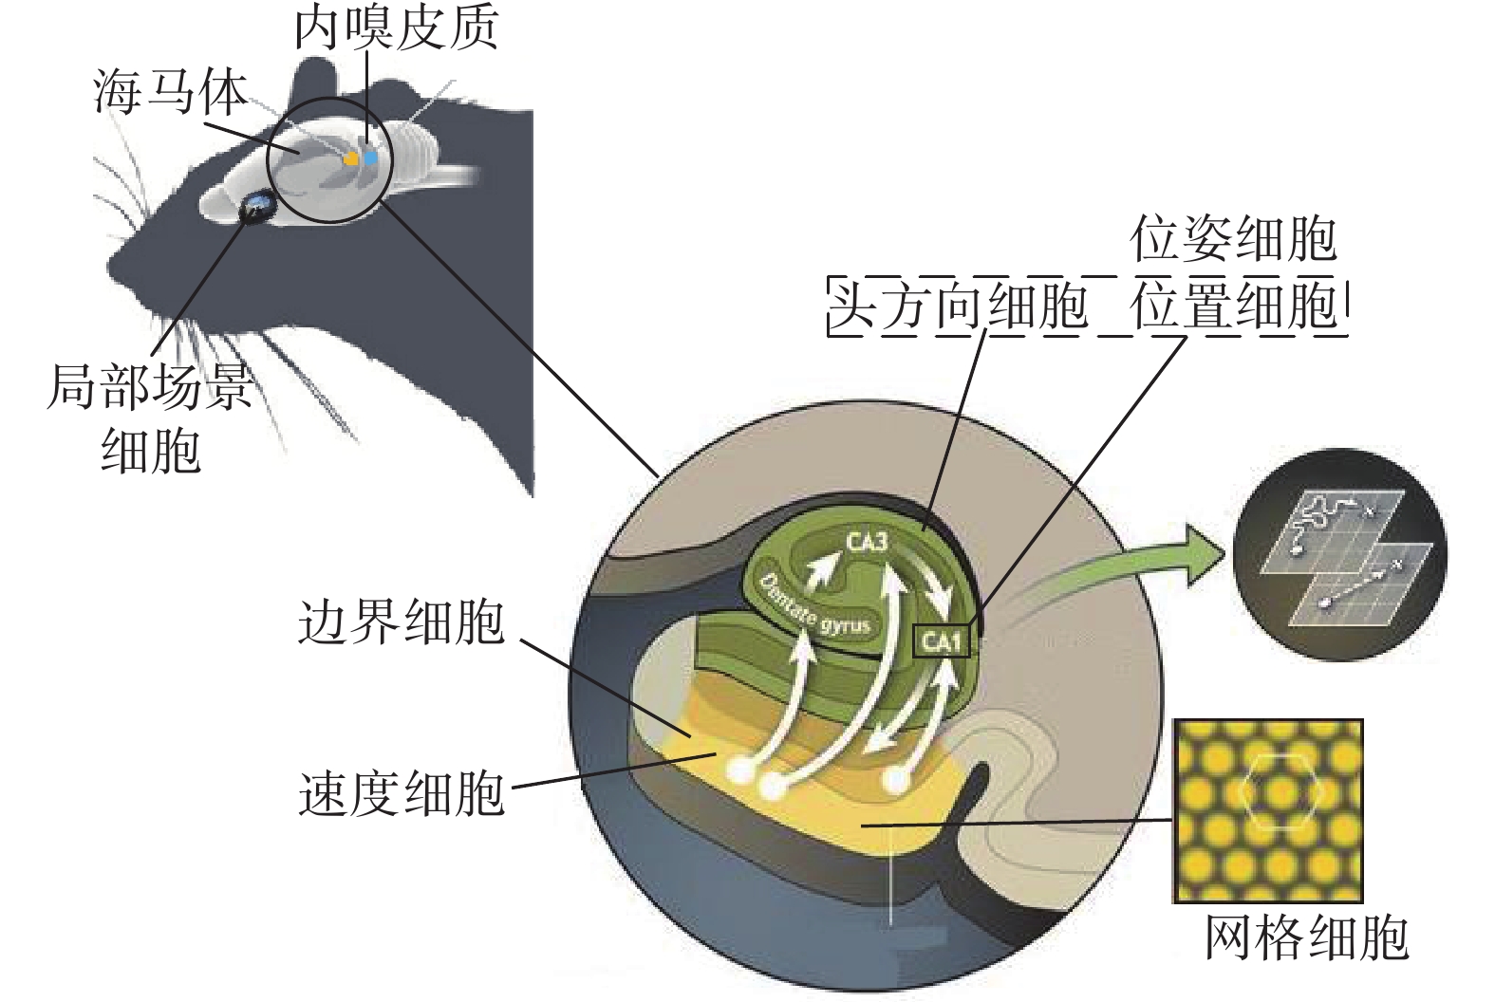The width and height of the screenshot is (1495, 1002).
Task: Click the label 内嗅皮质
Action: coord(396,29)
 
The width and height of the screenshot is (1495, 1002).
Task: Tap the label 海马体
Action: coord(171,93)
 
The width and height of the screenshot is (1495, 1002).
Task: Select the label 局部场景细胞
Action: coord(150,417)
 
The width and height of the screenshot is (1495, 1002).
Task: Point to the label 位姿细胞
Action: coord(1233,239)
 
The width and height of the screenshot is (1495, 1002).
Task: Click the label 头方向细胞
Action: coord(959,306)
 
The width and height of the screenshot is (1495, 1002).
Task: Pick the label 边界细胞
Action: coord(401,623)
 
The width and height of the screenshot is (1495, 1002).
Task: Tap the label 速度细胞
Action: coord(401,793)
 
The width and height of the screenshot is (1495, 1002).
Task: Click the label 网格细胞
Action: coord(1306,937)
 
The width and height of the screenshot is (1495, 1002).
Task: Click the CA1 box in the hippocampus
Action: coord(942,642)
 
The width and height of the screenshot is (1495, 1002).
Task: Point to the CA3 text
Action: coord(867,543)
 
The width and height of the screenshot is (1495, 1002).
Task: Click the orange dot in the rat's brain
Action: coord(351,159)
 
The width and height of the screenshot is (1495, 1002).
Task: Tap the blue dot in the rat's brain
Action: coord(370,158)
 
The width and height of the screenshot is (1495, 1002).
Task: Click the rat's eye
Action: coord(256,205)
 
